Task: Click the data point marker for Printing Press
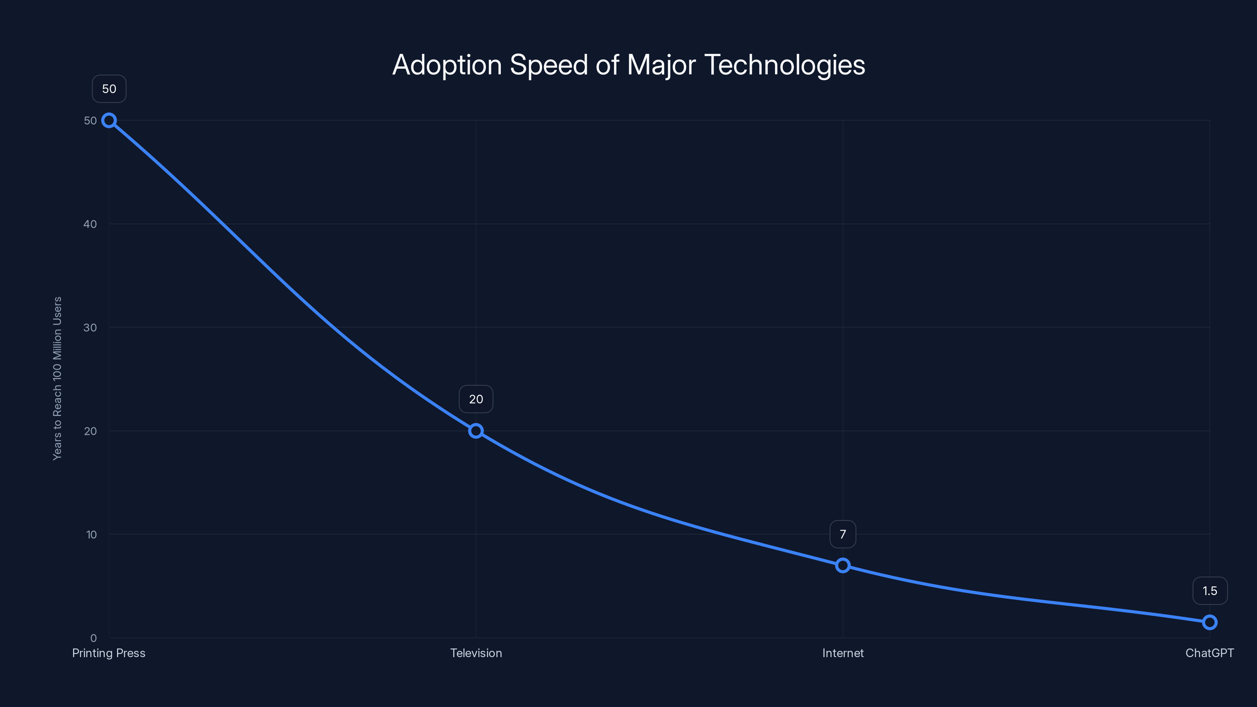pyautogui.click(x=109, y=121)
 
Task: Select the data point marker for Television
pyautogui.click(x=476, y=431)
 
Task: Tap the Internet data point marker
pyautogui.click(x=843, y=566)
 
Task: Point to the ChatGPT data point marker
pyautogui.click(x=1210, y=622)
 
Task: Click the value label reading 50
pyautogui.click(x=109, y=89)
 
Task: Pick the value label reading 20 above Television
pyautogui.click(x=476, y=399)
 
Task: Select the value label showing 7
pyautogui.click(x=843, y=534)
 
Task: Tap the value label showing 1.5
pyautogui.click(x=1210, y=591)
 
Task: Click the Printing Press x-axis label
pyautogui.click(x=109, y=653)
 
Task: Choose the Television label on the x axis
pyautogui.click(x=476, y=653)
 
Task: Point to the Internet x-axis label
pyautogui.click(x=843, y=653)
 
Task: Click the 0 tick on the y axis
pyautogui.click(x=93, y=638)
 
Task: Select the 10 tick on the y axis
pyautogui.click(x=91, y=534)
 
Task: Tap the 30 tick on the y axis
pyautogui.click(x=90, y=328)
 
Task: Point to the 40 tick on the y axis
pyautogui.click(x=90, y=224)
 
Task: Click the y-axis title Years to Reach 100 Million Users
pyautogui.click(x=57, y=378)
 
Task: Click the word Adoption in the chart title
pyautogui.click(x=447, y=65)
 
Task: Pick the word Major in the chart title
pyautogui.click(x=661, y=65)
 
